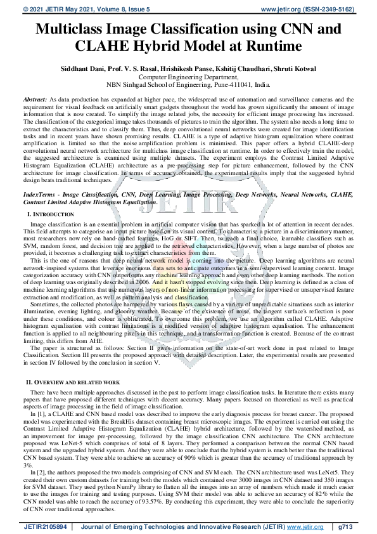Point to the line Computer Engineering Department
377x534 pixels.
pyautogui.click(x=188, y=76)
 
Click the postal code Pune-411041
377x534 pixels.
pyautogui.click(x=234, y=84)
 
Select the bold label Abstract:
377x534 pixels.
pyautogui.click(x=35, y=100)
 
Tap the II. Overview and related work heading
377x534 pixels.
pyautogui.click(x=72, y=384)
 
